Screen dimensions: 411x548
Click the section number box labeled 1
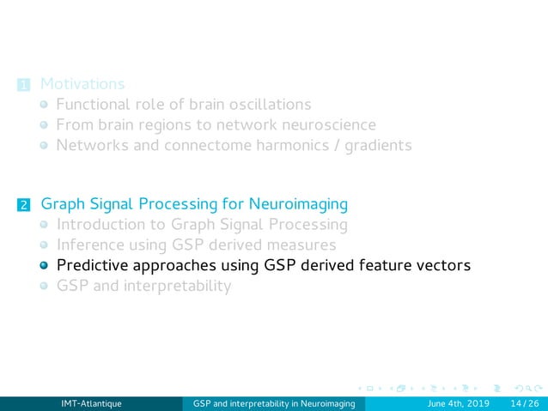coord(23,85)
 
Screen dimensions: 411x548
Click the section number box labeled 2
coord(23,205)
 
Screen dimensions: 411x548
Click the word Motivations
coord(82,84)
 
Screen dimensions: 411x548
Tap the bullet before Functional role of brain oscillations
coord(45,106)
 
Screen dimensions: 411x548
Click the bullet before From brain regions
coord(45,125)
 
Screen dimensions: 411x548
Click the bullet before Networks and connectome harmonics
coord(45,146)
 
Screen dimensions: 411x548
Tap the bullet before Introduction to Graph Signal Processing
coord(45,226)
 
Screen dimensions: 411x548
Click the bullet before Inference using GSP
coord(45,246)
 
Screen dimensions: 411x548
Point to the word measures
coord(298,245)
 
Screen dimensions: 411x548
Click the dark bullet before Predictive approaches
coord(45,266)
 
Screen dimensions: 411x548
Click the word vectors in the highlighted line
coord(441,265)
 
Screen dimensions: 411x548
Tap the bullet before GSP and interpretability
coord(45,287)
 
